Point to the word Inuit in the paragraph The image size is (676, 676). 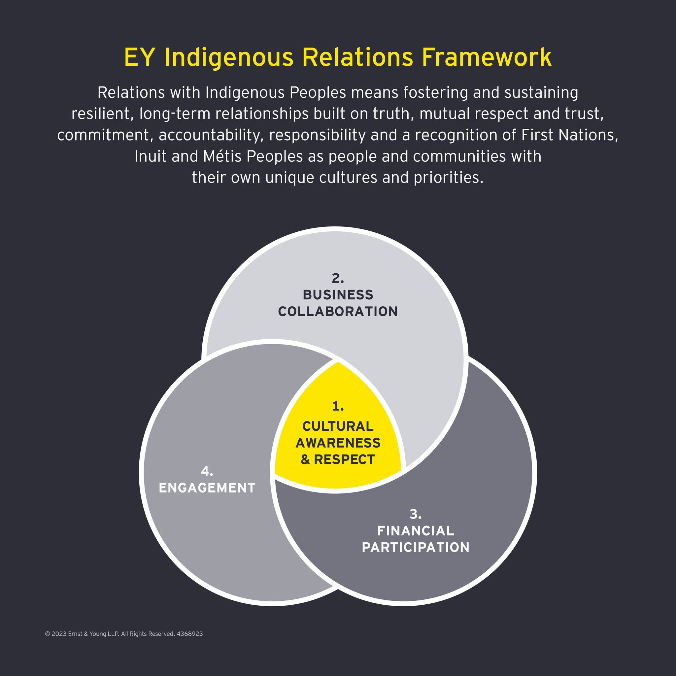pos(150,156)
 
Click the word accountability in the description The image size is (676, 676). pos(209,135)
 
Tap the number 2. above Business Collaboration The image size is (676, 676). pos(338,279)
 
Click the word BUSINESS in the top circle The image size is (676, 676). pos(338,295)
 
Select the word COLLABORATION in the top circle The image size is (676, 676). pos(338,311)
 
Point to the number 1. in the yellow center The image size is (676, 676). pos(338,406)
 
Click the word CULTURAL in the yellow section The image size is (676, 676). pos(338,426)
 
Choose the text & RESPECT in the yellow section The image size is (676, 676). pos(338,459)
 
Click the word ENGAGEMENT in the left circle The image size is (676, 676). pos(207,488)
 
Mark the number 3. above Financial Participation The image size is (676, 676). pos(415,514)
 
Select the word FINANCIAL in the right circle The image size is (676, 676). pos(416,531)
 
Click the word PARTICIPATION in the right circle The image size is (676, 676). pos(416,547)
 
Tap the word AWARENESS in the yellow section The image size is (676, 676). pos(338,443)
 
